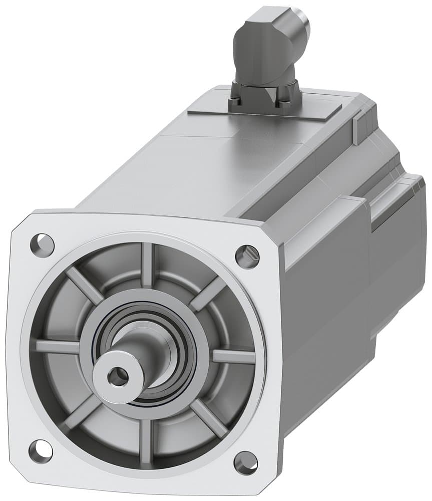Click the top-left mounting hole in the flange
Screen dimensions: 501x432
click(42, 243)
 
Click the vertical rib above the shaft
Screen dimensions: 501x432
click(146, 266)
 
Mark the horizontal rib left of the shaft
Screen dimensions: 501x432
click(58, 346)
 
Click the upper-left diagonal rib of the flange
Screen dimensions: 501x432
click(85, 286)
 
